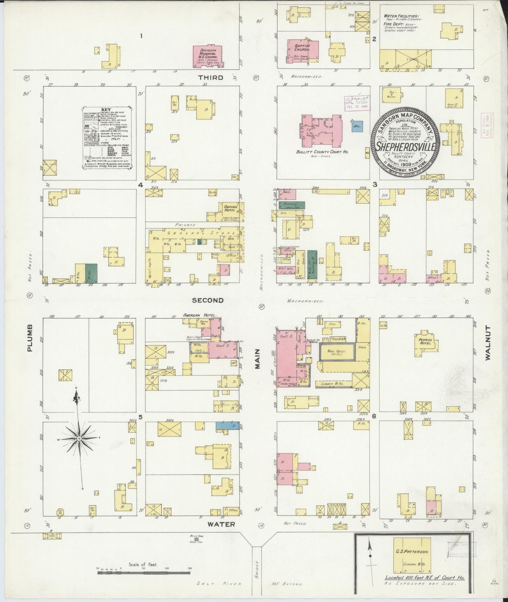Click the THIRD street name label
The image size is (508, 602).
(x=210, y=77)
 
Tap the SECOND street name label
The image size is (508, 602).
(x=208, y=300)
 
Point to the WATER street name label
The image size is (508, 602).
(x=220, y=524)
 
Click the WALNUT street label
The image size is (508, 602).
(x=487, y=343)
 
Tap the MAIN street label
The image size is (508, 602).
(x=257, y=358)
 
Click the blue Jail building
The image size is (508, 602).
(x=357, y=126)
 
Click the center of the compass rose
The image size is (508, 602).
(x=79, y=439)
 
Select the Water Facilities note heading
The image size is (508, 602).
(x=401, y=16)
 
